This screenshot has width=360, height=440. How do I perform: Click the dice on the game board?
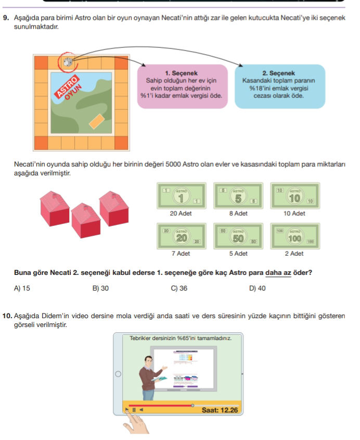coord(68,62)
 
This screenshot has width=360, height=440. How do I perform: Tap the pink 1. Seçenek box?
coord(183,86)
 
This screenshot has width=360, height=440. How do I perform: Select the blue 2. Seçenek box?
coord(280,86)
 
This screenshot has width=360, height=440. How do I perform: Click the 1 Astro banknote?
coord(181,197)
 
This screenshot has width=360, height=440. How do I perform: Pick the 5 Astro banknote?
coord(238,197)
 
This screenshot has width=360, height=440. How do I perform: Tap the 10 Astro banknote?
coord(295,197)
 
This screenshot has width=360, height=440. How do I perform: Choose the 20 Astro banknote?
coord(181,237)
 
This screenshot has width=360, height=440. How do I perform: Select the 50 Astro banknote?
coord(238,237)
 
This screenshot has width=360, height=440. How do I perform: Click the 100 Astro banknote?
coord(295,237)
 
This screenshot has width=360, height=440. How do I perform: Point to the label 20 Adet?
coord(181,214)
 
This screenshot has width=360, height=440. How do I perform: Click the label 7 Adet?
coord(181,254)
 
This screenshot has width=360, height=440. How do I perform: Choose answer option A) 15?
coord(23,288)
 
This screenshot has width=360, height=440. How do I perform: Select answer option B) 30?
coord(100,288)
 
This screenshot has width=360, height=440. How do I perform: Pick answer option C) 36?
coord(179,288)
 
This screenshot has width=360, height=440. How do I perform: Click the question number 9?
coord(6,18)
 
